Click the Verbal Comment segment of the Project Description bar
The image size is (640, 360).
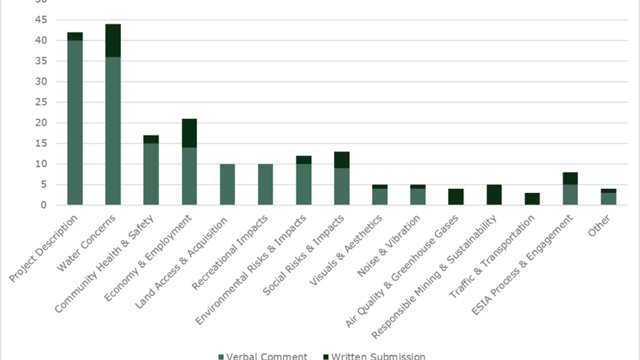75,123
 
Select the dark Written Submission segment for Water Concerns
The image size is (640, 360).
113,41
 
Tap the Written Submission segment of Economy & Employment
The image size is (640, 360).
189,133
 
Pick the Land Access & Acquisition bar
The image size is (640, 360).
227,185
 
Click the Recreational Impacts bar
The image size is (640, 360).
265,185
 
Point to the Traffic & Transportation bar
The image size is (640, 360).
532,199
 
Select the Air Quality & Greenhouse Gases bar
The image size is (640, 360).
456,197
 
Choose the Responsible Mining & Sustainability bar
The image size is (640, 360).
494,195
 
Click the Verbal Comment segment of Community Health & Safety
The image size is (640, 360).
151,174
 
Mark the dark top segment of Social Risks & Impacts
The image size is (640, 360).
342,160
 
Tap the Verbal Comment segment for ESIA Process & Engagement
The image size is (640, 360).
570,195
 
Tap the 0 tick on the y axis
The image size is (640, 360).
44,205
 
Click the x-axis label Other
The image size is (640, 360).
598,226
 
